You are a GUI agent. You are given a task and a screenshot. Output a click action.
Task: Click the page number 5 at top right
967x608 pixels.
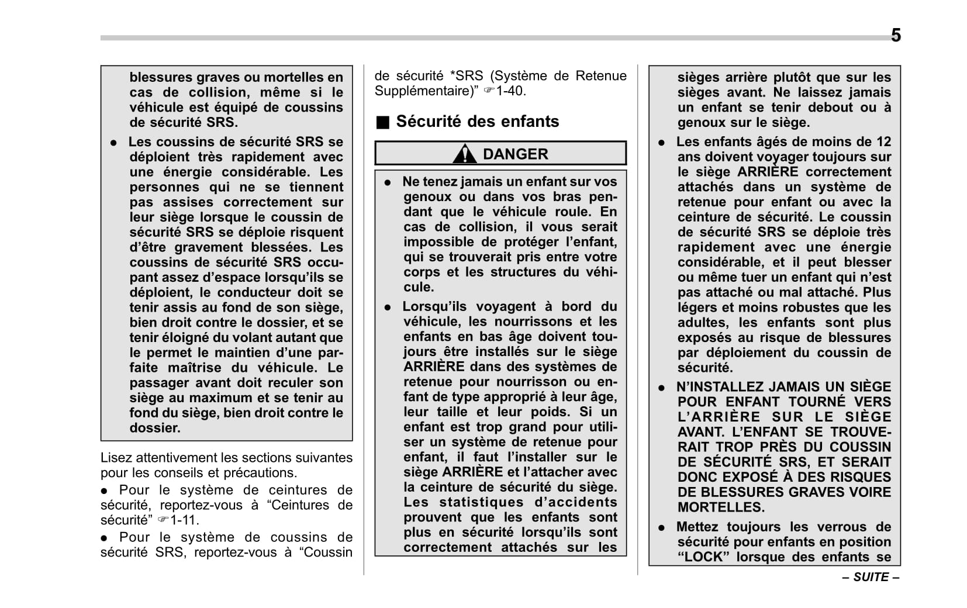(895, 35)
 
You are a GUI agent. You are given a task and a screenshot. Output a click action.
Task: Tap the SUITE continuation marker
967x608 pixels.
(871, 577)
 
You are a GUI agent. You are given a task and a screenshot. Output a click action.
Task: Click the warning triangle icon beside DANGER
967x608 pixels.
(465, 154)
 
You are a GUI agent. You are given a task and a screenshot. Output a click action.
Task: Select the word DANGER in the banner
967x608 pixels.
(515, 154)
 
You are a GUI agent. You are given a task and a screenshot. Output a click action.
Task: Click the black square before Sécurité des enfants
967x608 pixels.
(382, 122)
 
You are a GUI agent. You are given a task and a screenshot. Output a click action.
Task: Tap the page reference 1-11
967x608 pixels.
(184, 520)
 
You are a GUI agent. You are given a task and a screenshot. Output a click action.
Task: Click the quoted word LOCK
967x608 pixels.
(703, 557)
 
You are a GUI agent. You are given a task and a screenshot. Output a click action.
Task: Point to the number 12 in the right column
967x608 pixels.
(883, 142)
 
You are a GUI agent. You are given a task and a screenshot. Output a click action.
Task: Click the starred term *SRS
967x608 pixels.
(467, 76)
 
